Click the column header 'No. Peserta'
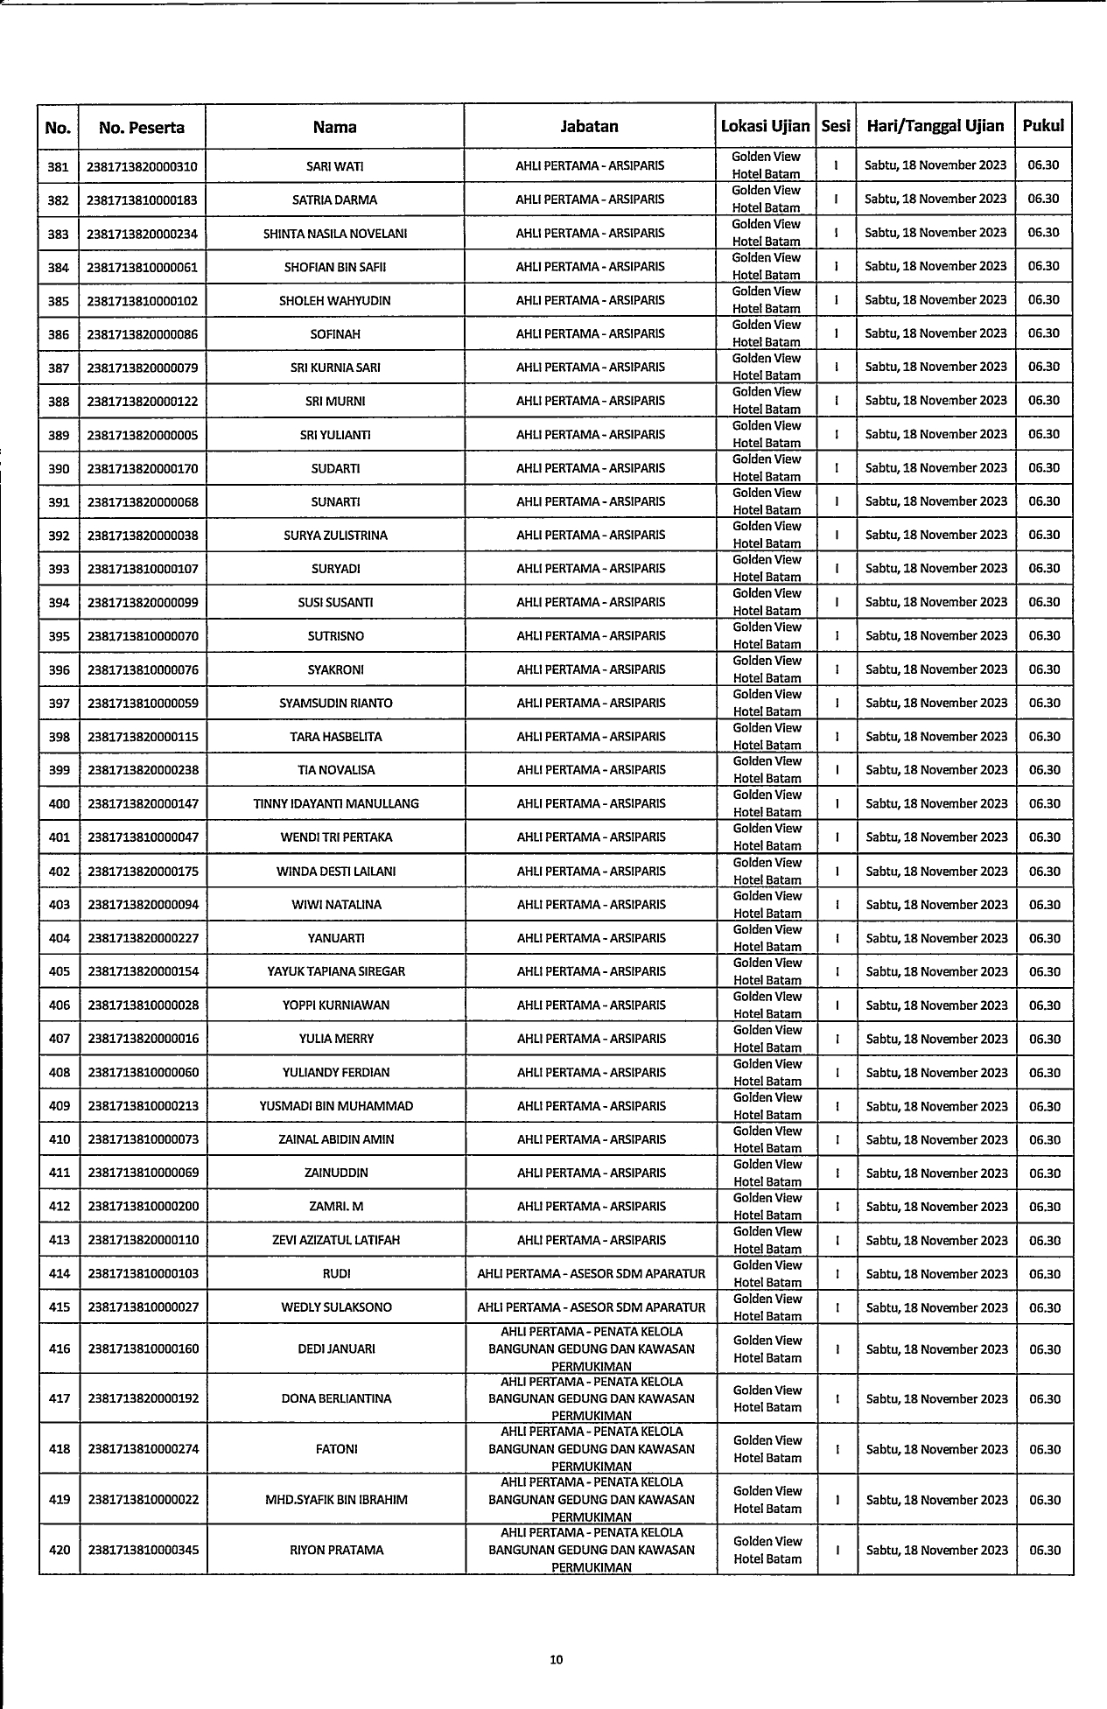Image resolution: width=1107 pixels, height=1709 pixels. (x=142, y=128)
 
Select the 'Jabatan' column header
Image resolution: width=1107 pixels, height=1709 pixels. (x=589, y=127)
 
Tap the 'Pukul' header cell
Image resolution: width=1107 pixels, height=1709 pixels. (x=1043, y=126)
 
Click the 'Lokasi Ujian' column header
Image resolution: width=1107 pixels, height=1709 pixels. (x=766, y=126)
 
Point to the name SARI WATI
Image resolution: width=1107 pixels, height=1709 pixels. (x=335, y=166)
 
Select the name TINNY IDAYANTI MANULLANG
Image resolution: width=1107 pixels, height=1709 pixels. (x=336, y=804)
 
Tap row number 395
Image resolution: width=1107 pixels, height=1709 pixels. (x=59, y=636)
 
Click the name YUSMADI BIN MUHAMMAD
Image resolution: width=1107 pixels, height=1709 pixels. (x=336, y=1106)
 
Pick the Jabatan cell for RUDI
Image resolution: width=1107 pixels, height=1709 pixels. (x=591, y=1274)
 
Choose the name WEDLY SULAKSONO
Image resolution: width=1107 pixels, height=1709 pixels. (x=336, y=1307)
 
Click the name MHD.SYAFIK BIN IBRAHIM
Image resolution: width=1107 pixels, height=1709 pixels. (x=336, y=1500)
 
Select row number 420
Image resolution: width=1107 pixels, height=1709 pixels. (x=59, y=1550)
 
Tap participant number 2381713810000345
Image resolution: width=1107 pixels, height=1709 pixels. (x=143, y=1550)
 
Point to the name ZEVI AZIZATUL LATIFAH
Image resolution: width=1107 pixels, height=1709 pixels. (x=336, y=1240)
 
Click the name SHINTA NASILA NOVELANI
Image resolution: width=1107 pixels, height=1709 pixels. (x=335, y=234)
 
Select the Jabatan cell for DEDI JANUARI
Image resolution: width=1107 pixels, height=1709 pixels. (x=591, y=1348)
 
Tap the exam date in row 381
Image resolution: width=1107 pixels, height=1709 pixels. (x=935, y=165)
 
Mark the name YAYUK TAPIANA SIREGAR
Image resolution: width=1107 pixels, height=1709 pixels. (x=336, y=971)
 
